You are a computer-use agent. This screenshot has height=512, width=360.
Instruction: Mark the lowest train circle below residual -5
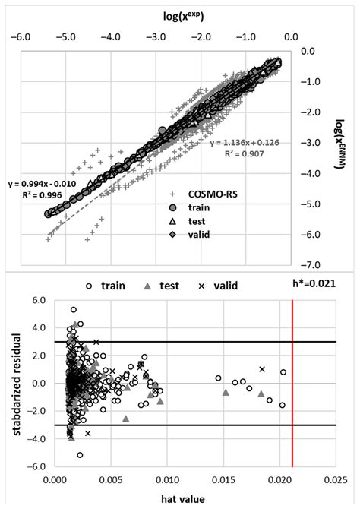[x=80, y=455]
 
